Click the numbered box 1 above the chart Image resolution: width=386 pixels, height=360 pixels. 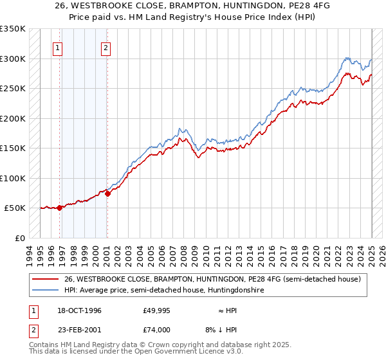coord(58,47)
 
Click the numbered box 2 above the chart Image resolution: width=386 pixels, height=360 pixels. coord(105,47)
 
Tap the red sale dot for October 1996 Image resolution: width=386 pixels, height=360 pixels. coord(60,208)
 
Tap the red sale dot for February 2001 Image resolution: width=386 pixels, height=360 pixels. coord(107,194)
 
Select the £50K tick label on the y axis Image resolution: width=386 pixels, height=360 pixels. coord(14,208)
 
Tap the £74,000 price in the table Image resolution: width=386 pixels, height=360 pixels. coord(157,330)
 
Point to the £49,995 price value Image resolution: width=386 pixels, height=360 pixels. coord(157,310)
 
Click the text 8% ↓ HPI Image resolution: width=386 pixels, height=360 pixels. coord(223,330)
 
